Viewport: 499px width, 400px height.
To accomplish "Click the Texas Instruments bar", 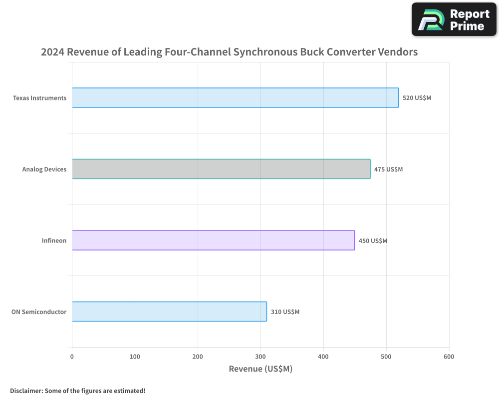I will tap(235, 97).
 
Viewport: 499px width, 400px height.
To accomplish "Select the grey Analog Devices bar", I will tap(221, 169).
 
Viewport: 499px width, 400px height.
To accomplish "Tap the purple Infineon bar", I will tap(213, 240).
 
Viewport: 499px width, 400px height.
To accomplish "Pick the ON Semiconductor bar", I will tap(169, 311).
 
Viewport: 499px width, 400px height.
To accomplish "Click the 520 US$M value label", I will tap(417, 98).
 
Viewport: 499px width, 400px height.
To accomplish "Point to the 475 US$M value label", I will tap(388, 169).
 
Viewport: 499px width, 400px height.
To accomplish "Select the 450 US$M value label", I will tap(373, 240).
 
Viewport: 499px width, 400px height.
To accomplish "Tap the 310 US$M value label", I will tap(285, 312).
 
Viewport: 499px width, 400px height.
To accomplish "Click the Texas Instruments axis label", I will tap(39, 98).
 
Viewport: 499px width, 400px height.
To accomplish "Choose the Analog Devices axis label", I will tap(44, 169).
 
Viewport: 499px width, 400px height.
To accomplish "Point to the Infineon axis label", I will tap(54, 240).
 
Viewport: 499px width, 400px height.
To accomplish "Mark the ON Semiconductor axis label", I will tap(39, 312).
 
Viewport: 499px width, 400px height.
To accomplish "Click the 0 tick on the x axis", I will tap(72, 356).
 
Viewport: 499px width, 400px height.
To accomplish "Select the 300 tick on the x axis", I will tap(260, 356).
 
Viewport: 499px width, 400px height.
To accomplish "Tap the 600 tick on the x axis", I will tap(449, 356).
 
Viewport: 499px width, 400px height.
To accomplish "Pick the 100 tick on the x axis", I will tap(135, 356).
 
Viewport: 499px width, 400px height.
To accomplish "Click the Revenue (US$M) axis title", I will tap(260, 369).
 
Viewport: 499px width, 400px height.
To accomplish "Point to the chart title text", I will tap(229, 52).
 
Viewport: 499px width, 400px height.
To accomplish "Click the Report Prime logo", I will tap(454, 19).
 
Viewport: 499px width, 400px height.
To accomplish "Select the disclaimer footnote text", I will tap(78, 390).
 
